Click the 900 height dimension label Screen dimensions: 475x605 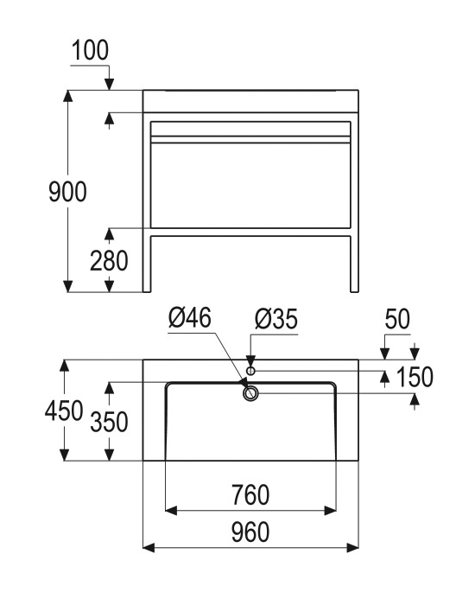pos(67,192)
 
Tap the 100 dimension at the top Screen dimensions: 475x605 pos(90,50)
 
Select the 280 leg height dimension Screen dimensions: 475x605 pos(109,261)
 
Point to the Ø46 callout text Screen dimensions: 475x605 pos(190,318)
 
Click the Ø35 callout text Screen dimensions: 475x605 pos(276,320)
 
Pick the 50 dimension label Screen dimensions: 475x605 pos(397,319)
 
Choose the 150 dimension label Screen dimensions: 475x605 pos(415,377)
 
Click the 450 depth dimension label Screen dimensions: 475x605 pos(64,411)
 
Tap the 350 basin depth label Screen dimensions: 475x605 pos(109,422)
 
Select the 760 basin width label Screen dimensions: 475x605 pos(250,495)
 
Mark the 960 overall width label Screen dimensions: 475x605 pos(250,532)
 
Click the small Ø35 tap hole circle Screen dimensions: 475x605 pos(250,371)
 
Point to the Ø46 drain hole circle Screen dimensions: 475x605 pos(250,393)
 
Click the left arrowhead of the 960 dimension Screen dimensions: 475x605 pos(149,547)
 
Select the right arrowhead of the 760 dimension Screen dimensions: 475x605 pos(331,511)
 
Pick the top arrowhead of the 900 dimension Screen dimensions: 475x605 pos(68,96)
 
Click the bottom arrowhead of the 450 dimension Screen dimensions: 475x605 pos(64,455)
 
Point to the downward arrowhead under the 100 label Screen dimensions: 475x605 pos(110,84)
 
